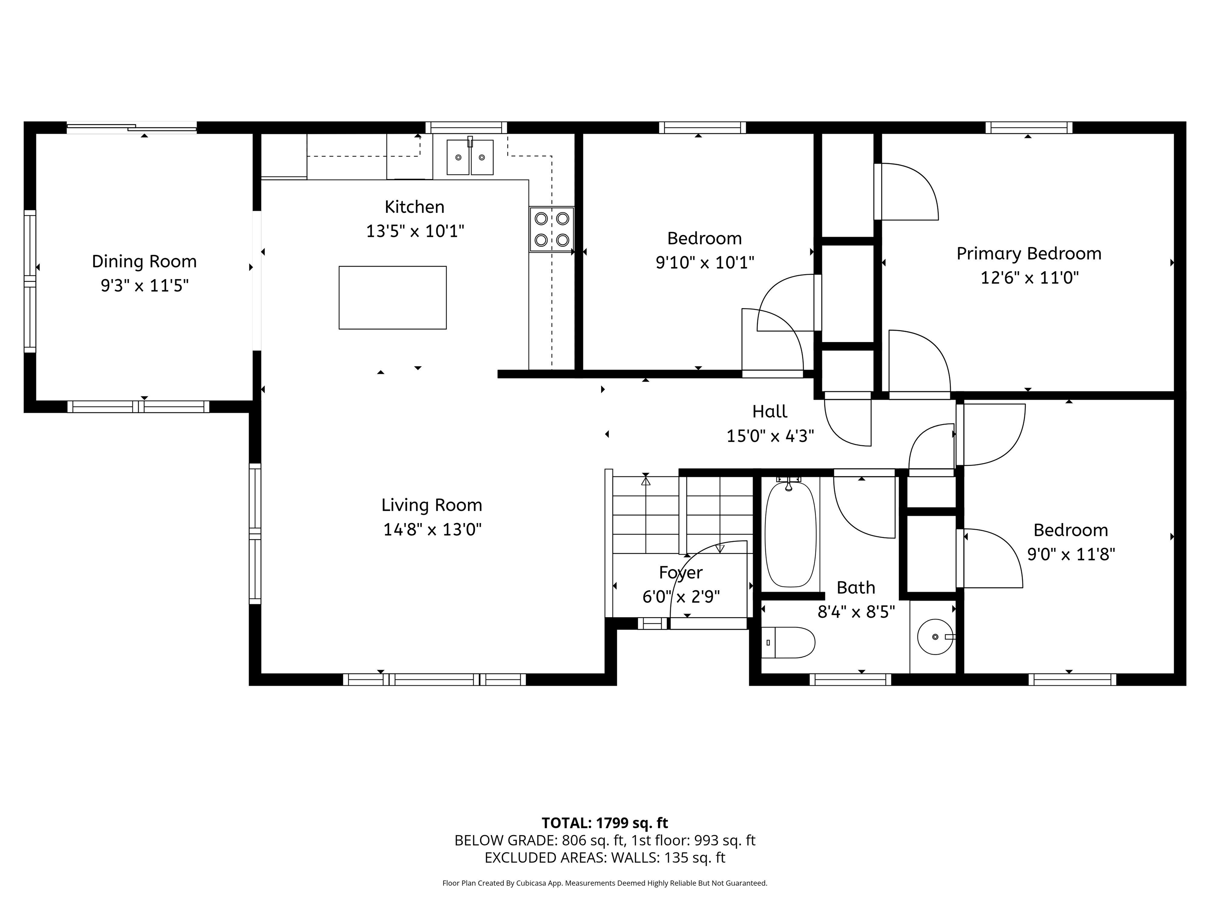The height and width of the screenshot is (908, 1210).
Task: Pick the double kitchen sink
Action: coord(470,157)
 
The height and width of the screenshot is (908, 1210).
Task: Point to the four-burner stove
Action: coord(551,229)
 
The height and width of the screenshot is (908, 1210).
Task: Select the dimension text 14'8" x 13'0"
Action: coord(432,529)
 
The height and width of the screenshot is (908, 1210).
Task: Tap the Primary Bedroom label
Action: coord(1028,253)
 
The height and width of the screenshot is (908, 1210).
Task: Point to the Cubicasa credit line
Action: coord(605,883)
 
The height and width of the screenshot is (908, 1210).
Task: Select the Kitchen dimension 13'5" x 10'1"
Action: coord(415,231)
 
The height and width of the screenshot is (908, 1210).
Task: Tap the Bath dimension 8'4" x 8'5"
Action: coord(856,611)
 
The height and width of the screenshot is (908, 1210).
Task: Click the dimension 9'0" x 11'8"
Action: coord(1071,554)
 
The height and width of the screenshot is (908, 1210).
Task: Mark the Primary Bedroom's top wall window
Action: coord(1028,128)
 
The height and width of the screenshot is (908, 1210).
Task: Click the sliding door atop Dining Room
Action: coord(131,128)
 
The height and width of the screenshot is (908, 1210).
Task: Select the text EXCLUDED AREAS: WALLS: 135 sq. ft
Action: coord(605,858)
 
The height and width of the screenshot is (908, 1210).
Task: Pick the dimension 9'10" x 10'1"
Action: coord(705,263)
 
